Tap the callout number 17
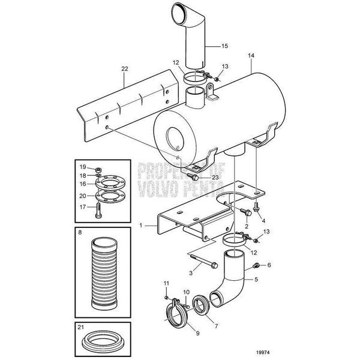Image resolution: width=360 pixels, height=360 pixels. pos(83,207)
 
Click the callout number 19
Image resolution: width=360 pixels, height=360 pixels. pos(83,166)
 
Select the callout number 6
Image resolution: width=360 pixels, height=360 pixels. pos(269,264)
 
